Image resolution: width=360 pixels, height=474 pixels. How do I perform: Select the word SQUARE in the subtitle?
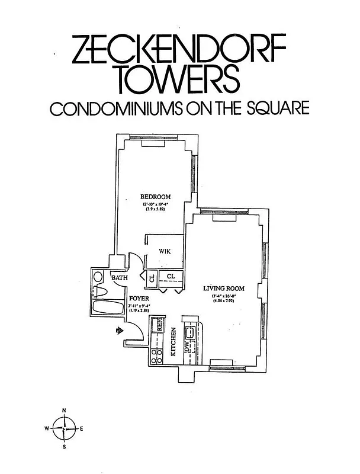click(x=278, y=110)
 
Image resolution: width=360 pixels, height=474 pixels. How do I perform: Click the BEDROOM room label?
click(x=155, y=197)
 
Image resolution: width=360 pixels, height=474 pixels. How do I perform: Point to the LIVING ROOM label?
click(x=223, y=289)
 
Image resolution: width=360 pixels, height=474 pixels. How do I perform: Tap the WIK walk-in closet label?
click(x=165, y=251)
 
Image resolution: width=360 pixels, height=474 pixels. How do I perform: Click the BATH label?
click(x=120, y=277)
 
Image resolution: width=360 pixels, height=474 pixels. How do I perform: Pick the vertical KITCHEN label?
click(x=174, y=342)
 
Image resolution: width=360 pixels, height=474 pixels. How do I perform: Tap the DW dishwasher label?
click(x=187, y=350)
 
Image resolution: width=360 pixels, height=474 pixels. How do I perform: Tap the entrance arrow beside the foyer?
click(x=119, y=331)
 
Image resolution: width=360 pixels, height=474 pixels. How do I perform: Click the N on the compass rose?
click(x=64, y=411)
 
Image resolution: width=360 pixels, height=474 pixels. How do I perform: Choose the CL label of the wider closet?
click(x=171, y=276)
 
